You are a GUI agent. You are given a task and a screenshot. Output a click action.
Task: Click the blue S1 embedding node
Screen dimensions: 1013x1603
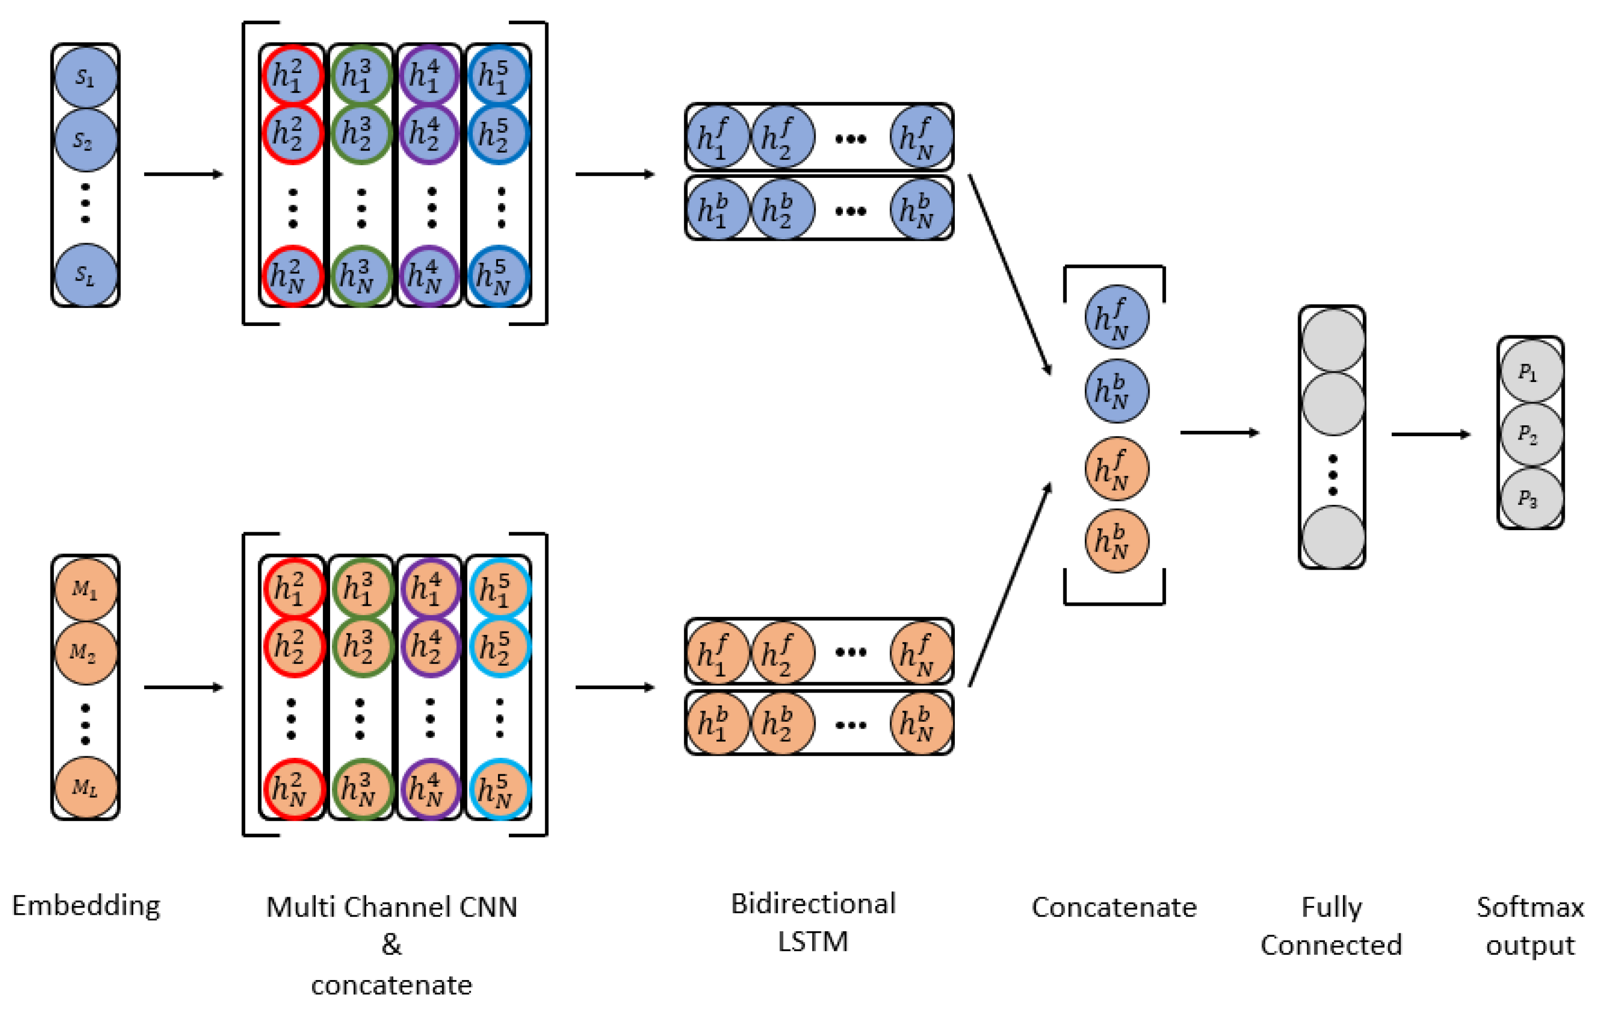pyautogui.click(x=85, y=77)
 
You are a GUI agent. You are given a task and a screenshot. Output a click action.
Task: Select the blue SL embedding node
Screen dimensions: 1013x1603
pyautogui.click(x=85, y=274)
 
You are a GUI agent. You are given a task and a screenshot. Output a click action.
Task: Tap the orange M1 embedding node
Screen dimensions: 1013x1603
pyautogui.click(x=85, y=589)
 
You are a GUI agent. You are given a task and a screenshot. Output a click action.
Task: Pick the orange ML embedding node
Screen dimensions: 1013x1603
pyautogui.click(x=85, y=787)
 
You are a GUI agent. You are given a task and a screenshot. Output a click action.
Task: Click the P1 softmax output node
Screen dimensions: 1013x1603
pyautogui.click(x=1531, y=372)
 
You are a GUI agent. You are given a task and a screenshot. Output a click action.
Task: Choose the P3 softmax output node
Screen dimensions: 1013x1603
pyautogui.click(x=1531, y=498)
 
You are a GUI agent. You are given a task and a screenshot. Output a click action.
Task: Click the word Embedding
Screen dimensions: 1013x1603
pyautogui.click(x=86, y=906)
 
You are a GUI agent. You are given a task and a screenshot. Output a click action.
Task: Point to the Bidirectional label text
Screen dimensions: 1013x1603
pyautogui.click(x=813, y=904)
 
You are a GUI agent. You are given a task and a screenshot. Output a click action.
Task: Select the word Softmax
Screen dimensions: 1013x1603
pyautogui.click(x=1530, y=907)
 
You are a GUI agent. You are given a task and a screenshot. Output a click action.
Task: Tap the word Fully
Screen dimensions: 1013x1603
pyautogui.click(x=1332, y=907)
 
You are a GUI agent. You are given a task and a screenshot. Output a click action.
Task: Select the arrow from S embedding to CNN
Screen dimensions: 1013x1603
pyautogui.click(x=183, y=174)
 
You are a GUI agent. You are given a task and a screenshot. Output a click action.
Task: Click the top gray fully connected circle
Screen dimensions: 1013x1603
pyautogui.click(x=1333, y=340)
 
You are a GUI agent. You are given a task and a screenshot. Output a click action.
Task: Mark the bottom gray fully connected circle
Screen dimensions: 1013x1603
pyautogui.click(x=1333, y=537)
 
